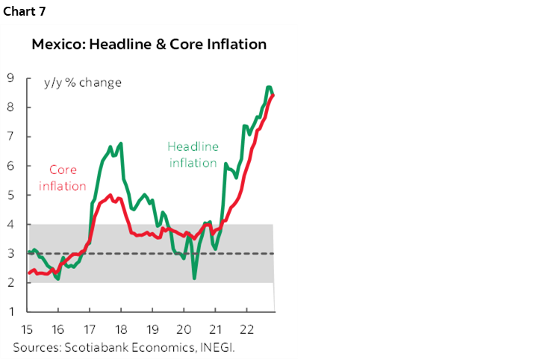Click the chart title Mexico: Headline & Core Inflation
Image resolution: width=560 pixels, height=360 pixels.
(x=149, y=44)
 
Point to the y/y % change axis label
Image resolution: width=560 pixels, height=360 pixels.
(x=83, y=82)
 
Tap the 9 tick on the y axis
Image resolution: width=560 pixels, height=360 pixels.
(x=11, y=78)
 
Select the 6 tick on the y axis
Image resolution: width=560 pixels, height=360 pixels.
(x=11, y=166)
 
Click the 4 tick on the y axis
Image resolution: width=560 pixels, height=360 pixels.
(x=11, y=224)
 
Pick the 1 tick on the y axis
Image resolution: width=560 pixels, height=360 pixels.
(x=11, y=311)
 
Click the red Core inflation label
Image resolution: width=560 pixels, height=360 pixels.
(x=63, y=178)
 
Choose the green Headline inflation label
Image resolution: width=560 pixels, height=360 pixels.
(x=193, y=155)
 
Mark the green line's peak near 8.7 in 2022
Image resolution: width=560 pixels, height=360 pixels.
(x=269, y=87)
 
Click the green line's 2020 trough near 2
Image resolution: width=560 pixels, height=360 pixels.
(x=194, y=279)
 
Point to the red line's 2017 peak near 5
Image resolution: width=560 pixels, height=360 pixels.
(x=111, y=196)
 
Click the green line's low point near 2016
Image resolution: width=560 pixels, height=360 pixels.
(x=57, y=279)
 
